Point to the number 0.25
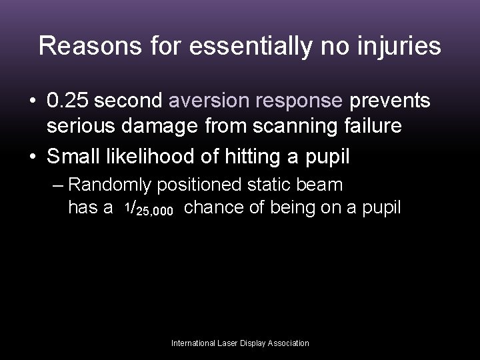(x=69, y=101)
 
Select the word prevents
(x=389, y=101)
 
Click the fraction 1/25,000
(x=148, y=210)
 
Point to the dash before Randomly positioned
(x=59, y=185)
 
